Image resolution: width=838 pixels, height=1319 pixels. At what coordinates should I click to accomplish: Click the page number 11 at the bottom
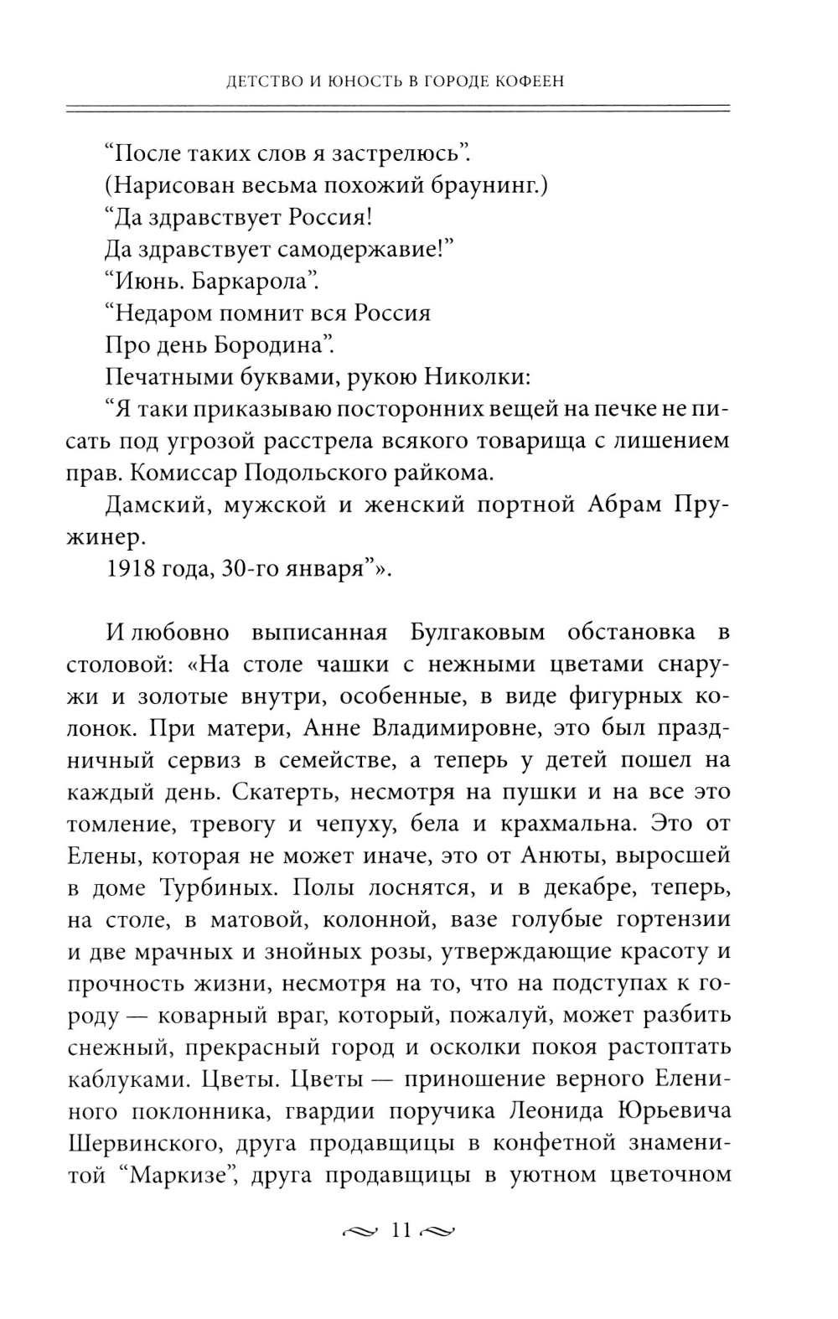(401, 1231)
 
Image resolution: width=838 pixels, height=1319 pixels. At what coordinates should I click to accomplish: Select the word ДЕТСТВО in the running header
(244, 81)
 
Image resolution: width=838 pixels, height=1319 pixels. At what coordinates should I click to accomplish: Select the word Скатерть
(281, 792)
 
